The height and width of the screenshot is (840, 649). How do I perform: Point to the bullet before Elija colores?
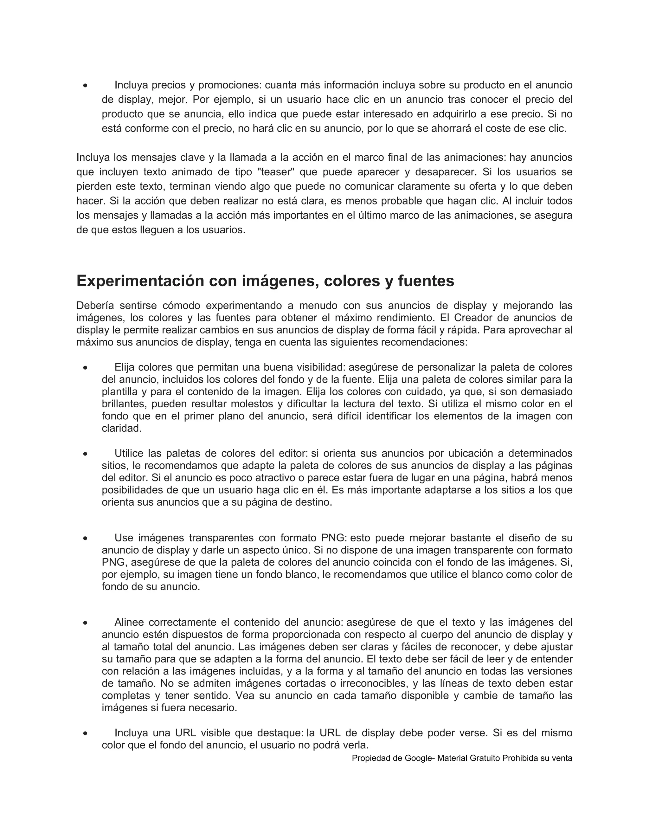click(85, 368)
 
